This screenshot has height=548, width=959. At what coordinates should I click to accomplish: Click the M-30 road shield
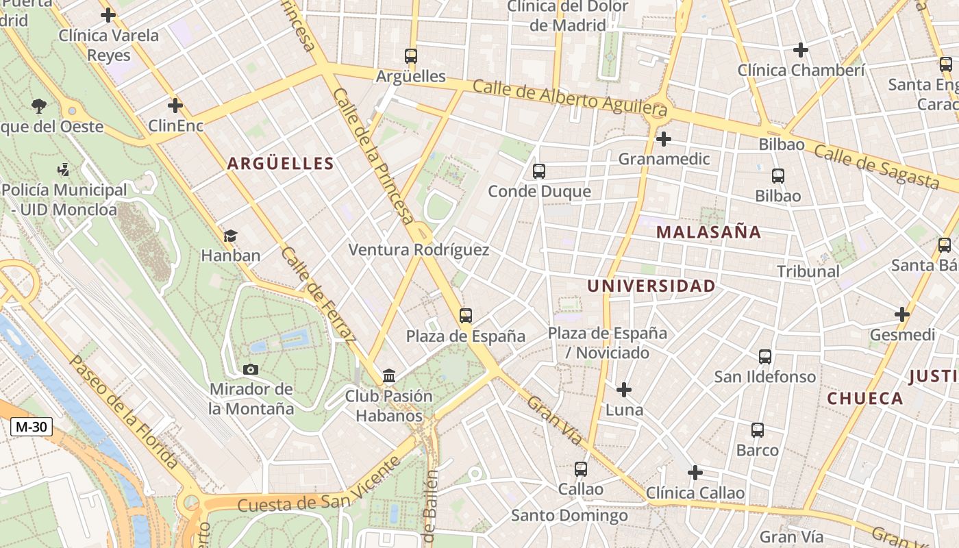tap(32, 427)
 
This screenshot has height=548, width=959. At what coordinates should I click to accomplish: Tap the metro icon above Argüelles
tap(410, 56)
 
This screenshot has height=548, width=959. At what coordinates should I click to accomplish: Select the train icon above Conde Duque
tap(539, 171)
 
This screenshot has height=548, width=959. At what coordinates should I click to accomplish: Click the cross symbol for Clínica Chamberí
tap(800, 50)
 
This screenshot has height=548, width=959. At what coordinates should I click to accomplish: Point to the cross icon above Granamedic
tap(663, 139)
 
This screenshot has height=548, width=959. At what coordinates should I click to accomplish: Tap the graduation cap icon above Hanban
tap(230, 236)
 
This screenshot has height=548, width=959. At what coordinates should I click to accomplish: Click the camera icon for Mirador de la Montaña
tap(251, 369)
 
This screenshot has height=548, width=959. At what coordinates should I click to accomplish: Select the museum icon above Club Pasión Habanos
tap(389, 375)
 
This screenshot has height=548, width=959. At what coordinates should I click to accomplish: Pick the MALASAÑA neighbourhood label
tap(708, 232)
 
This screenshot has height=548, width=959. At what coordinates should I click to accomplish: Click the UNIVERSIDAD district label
tap(651, 286)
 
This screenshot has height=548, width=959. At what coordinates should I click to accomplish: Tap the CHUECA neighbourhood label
tap(865, 399)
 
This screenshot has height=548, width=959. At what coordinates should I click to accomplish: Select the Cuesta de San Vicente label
tap(319, 485)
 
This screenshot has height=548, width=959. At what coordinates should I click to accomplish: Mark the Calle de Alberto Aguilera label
tap(569, 97)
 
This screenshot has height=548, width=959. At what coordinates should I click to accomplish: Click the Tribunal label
tap(808, 271)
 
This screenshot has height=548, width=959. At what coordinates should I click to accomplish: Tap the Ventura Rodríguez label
tap(419, 250)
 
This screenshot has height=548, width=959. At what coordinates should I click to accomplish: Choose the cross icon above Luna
tap(623, 390)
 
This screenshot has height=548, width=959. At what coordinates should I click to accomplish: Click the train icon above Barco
tap(757, 430)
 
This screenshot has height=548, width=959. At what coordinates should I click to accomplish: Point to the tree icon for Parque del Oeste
tap(39, 106)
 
